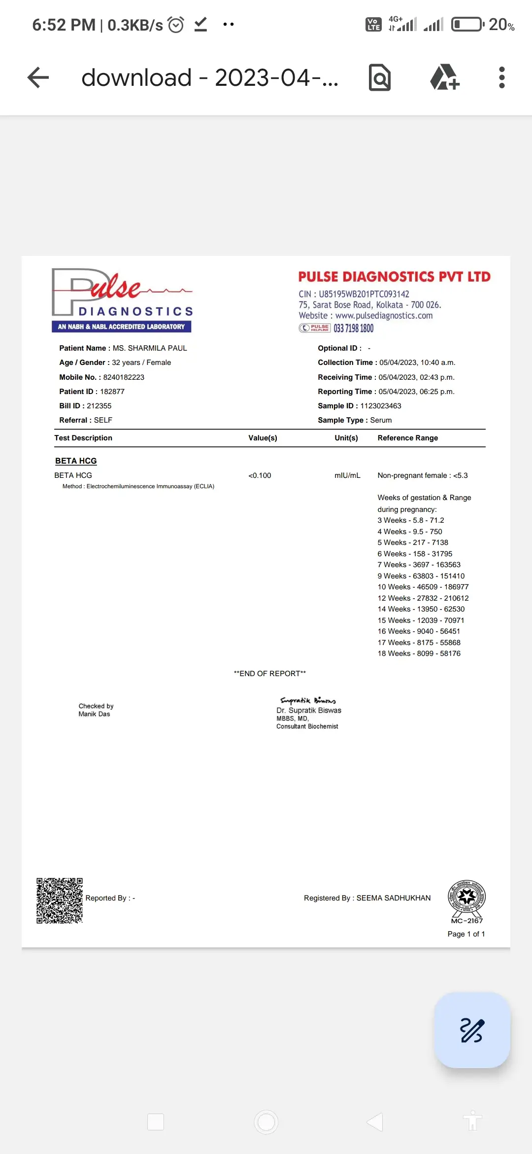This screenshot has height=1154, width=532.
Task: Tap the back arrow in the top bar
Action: (38, 77)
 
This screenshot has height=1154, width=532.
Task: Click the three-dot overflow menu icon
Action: (501, 77)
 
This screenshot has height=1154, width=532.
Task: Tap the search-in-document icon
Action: (379, 77)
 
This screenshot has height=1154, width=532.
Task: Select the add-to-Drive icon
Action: (444, 77)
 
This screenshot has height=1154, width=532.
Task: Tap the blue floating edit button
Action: (472, 1030)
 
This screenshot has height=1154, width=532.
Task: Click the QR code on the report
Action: (60, 900)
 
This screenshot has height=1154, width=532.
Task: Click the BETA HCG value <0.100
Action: (260, 475)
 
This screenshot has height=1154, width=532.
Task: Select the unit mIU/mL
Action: (347, 475)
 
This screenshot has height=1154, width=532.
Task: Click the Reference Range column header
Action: (407, 438)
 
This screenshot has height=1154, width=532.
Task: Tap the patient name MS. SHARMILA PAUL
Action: (150, 348)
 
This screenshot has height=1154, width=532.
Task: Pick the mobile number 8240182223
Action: (124, 377)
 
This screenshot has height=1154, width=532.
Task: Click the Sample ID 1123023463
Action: (381, 406)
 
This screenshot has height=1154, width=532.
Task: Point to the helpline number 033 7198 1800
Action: (353, 328)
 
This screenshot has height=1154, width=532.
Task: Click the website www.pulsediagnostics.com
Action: (384, 316)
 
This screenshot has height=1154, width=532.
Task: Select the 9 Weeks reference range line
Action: (421, 576)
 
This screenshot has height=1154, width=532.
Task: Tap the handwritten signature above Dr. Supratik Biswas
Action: (308, 700)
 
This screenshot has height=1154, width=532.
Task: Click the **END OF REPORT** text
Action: (269, 674)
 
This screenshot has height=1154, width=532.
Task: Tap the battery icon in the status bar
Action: (467, 24)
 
